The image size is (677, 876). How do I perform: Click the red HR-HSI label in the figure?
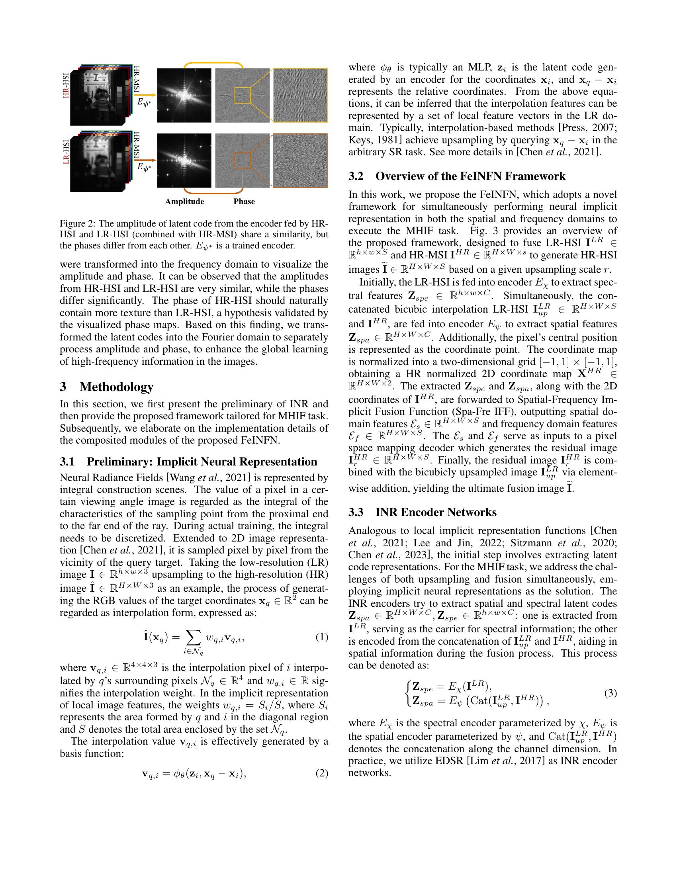tap(66, 86)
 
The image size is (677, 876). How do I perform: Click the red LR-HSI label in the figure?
tap(66, 151)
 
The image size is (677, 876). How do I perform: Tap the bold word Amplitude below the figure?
tap(184, 201)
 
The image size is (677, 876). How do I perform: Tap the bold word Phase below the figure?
tap(244, 201)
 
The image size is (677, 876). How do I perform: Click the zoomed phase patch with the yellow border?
tap(300, 95)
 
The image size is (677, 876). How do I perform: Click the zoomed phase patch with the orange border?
tap(300, 160)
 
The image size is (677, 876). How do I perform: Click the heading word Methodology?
tap(116, 387)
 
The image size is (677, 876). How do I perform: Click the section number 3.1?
tap(67, 461)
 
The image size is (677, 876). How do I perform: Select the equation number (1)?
tap(321, 637)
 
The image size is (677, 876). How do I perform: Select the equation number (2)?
tap(321, 773)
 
